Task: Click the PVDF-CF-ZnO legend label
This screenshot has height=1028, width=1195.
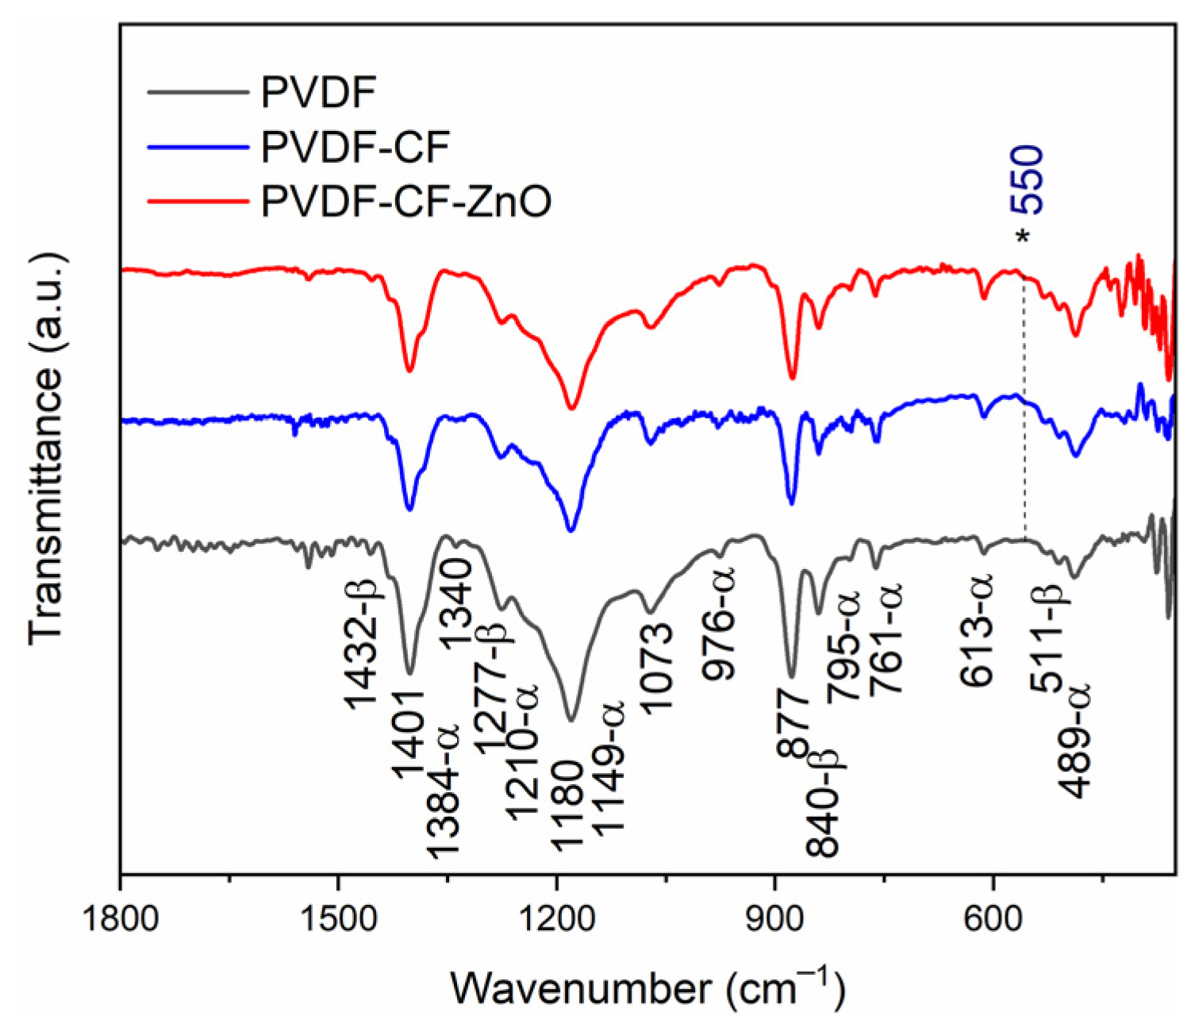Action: pos(405,202)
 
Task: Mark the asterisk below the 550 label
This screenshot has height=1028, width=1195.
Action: pos(1024,237)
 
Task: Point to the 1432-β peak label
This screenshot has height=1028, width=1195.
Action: pos(363,643)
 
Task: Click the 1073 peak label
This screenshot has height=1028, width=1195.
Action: pos(658,668)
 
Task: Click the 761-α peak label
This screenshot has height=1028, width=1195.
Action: pos(886,639)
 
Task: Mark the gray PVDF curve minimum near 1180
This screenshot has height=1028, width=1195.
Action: pos(571,719)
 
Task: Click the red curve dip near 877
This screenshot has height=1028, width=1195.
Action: pos(792,378)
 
